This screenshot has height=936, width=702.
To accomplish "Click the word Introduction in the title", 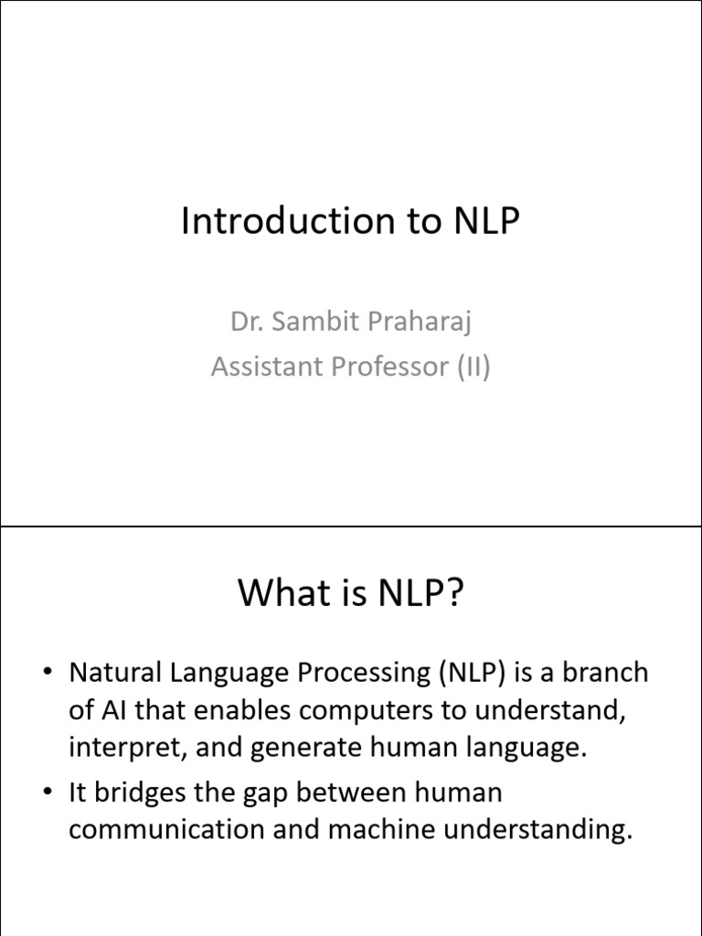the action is tap(288, 220).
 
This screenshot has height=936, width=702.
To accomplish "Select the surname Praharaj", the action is tap(420, 323).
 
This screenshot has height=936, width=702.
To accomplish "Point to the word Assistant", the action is tap(266, 366).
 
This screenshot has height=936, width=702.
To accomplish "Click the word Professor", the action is tap(389, 366).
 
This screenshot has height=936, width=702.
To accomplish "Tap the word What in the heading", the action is tap(286, 592).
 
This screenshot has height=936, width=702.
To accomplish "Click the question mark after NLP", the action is tap(453, 592).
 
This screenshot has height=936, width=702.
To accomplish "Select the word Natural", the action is tap(115, 672).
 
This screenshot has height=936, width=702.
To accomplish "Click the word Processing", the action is tap(364, 674).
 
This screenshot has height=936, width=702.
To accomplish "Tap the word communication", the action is tap(166, 829).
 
